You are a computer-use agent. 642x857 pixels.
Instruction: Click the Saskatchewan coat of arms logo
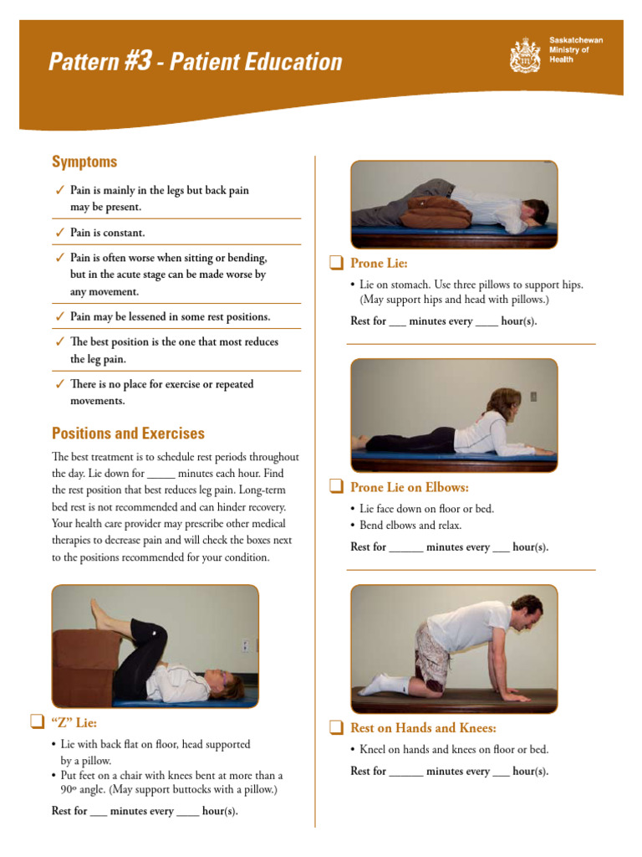(525, 55)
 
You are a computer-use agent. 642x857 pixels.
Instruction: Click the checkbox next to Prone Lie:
(336, 264)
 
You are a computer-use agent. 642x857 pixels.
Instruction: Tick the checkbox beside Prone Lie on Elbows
(336, 487)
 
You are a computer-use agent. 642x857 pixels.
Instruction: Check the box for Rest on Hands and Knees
(336, 727)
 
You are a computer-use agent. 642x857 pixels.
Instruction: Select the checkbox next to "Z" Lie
(37, 721)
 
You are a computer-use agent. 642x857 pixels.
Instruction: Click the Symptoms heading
(84, 162)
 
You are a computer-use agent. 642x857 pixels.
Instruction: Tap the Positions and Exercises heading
(128, 434)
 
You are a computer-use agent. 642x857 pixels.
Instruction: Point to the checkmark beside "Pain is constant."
(59, 233)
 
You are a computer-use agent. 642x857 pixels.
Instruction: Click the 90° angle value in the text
(69, 789)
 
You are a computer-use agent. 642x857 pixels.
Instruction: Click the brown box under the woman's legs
(84, 661)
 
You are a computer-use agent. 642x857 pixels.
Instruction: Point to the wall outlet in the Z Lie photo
(245, 646)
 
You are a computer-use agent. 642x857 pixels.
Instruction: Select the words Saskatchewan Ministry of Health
(575, 50)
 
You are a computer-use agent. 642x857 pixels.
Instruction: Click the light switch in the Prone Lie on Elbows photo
(533, 397)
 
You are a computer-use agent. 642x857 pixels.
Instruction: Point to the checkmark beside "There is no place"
(59, 384)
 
